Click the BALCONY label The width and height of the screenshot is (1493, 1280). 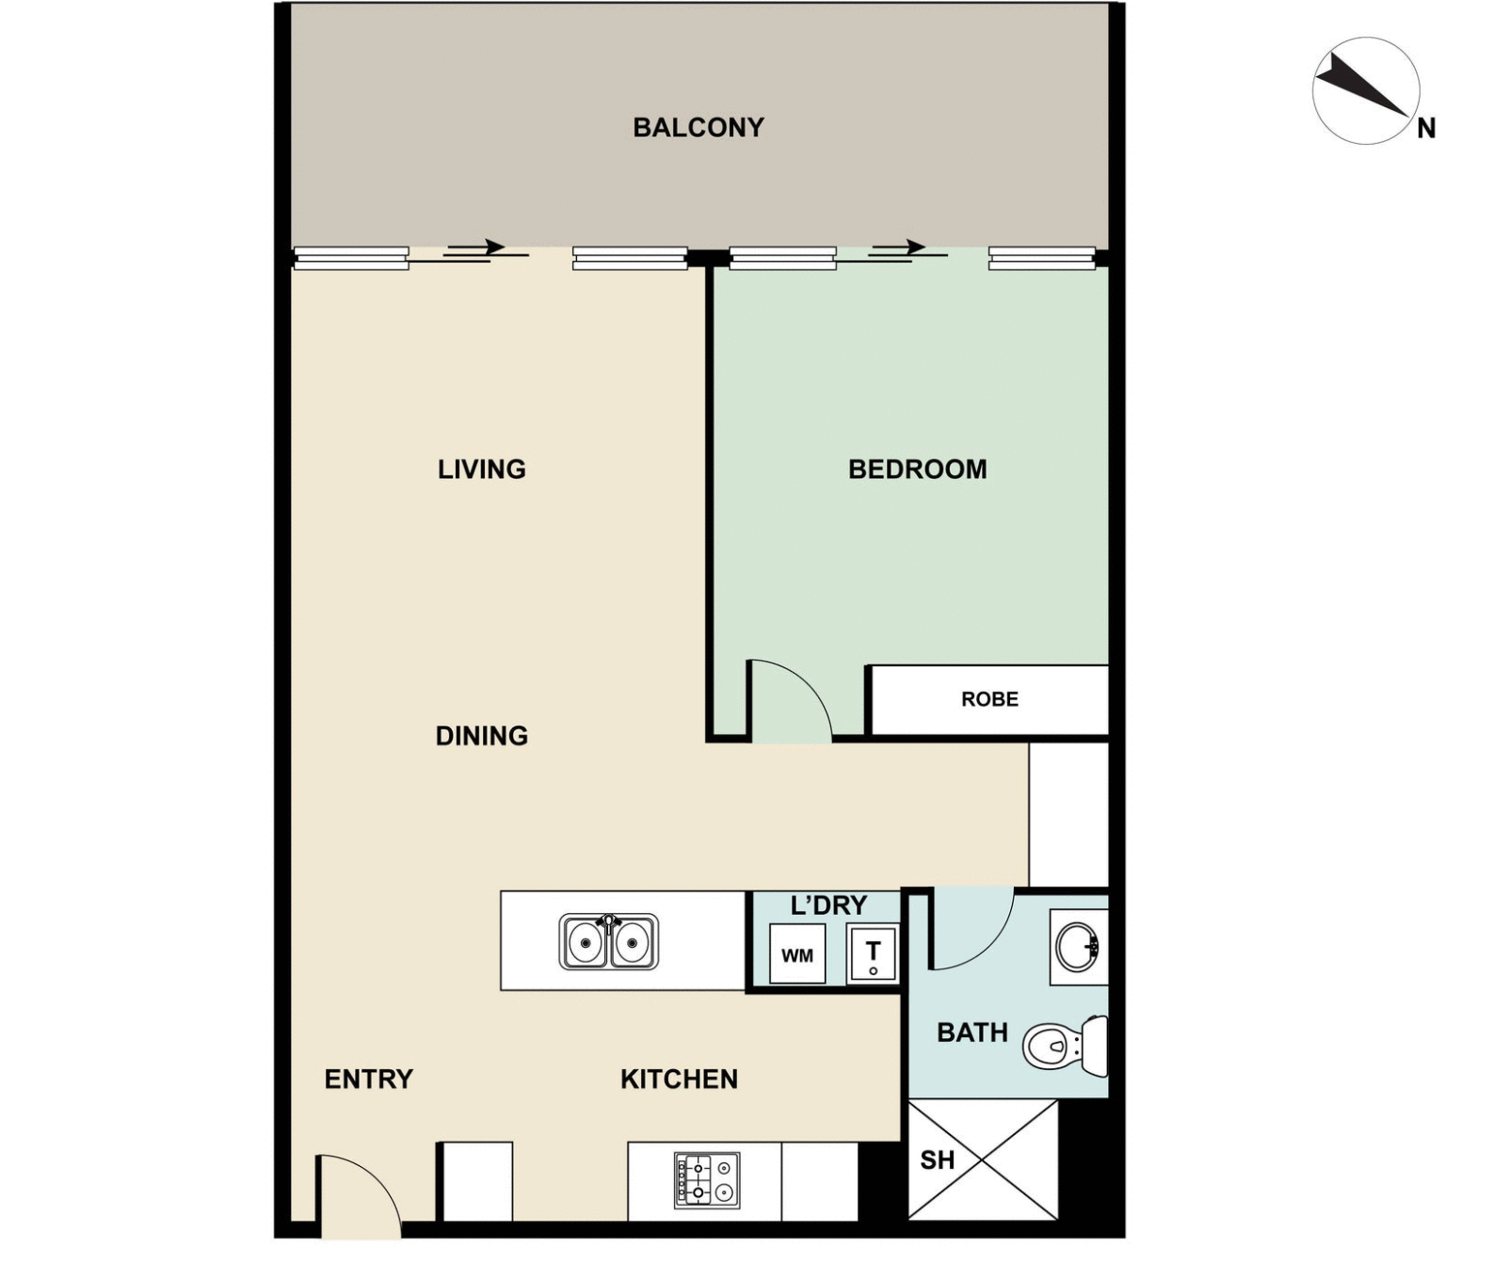click(x=698, y=127)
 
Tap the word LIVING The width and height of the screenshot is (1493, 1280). click(x=481, y=469)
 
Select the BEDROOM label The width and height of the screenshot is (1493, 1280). click(x=917, y=469)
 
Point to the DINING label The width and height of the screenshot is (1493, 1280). click(x=481, y=735)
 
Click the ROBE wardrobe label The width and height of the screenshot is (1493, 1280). click(x=989, y=699)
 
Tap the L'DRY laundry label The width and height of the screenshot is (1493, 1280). click(x=828, y=905)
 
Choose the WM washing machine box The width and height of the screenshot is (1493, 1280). click(x=797, y=954)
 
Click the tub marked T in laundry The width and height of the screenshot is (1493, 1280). click(x=873, y=953)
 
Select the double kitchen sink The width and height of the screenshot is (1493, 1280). click(x=608, y=941)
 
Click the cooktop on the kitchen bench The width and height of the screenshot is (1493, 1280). click(x=707, y=1180)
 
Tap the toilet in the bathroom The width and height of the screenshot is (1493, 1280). click(x=1064, y=1045)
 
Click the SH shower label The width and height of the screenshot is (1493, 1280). click(x=937, y=1160)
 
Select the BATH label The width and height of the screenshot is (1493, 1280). click(x=971, y=1032)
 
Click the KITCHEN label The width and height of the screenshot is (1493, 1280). click(x=678, y=1079)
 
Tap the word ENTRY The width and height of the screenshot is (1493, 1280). click(x=368, y=1079)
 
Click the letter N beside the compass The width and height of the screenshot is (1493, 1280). click(x=1426, y=128)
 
